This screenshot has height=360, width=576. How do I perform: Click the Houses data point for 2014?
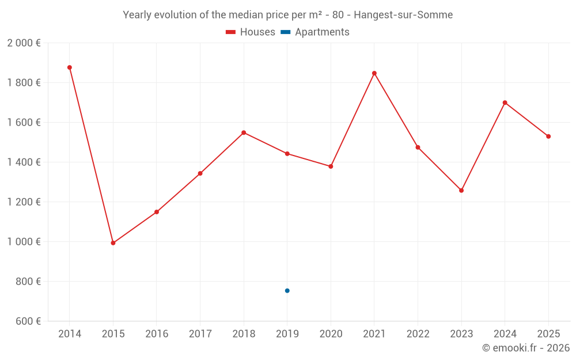click(x=70, y=67)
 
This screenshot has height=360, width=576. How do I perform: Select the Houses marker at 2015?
click(x=113, y=243)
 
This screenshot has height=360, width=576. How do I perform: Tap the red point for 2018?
click(x=244, y=132)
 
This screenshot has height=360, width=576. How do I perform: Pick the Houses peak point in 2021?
click(x=374, y=73)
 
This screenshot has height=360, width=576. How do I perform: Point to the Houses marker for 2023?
click(x=461, y=190)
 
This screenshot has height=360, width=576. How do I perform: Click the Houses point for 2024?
click(x=505, y=103)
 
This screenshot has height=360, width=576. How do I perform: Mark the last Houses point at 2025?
click(x=548, y=137)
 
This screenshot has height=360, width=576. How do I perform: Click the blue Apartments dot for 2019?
click(x=287, y=291)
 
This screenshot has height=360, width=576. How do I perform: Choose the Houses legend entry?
click(x=251, y=32)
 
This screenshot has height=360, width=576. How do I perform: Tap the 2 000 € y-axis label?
click(x=24, y=43)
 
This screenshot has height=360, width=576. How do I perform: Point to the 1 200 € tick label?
click(x=24, y=202)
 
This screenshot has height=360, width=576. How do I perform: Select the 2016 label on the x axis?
click(x=157, y=334)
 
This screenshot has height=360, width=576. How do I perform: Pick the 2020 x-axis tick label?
click(x=331, y=334)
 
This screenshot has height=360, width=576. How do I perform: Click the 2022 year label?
click(x=418, y=334)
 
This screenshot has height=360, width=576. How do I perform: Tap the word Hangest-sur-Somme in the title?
click(x=403, y=15)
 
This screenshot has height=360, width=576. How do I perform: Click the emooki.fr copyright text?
click(x=526, y=348)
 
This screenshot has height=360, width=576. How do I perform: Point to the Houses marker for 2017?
click(x=200, y=173)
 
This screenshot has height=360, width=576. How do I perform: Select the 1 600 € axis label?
click(x=24, y=123)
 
